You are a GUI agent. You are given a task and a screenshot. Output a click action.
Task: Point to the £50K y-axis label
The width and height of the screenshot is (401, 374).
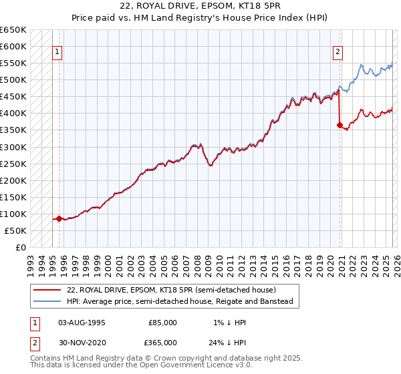click(16, 230)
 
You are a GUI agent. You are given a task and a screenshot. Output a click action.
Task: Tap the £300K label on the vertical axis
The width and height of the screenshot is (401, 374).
click(13, 147)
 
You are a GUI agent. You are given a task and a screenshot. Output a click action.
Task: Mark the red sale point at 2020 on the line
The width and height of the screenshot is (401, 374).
click(340, 125)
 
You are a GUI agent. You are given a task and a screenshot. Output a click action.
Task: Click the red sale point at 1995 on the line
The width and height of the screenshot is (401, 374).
click(59, 218)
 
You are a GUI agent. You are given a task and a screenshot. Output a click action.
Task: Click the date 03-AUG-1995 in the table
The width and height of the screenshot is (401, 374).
click(82, 322)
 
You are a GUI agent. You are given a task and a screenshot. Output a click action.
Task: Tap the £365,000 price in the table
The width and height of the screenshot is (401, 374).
click(162, 342)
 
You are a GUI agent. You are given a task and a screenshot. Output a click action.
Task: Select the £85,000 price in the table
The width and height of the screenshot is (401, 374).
click(162, 322)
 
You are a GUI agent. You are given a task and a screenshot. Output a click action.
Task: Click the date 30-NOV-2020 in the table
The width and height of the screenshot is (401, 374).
click(82, 342)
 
